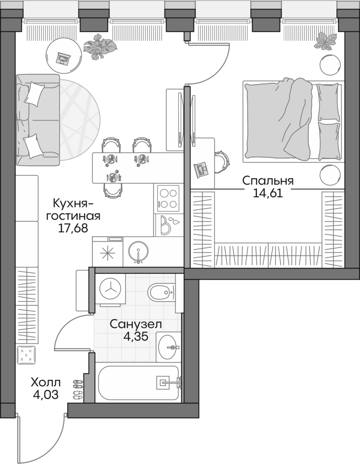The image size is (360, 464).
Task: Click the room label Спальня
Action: [x=268, y=181]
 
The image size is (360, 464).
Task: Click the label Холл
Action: [x=45, y=382]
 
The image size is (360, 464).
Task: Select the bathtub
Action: [x=138, y=383]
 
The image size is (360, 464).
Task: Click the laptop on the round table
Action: [x=63, y=58]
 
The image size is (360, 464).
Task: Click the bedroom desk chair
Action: [x=222, y=161]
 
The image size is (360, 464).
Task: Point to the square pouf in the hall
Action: [x=25, y=354]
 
